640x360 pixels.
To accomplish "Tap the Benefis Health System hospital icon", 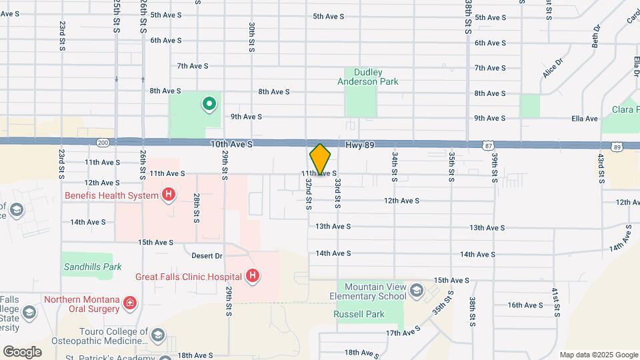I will pyautogui.click(x=169, y=195).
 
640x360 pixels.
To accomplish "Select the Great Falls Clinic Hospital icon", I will pyautogui.click(x=253, y=276).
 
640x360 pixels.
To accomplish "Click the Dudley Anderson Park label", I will pyautogui.click(x=372, y=77).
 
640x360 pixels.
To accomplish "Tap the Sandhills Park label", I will pyautogui.click(x=93, y=267).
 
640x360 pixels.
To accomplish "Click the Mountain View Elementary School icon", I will pyautogui.click(x=417, y=289).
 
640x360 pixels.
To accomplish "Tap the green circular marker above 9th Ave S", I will pyautogui.click(x=209, y=103).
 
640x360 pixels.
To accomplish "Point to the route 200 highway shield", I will pyautogui.click(x=102, y=143).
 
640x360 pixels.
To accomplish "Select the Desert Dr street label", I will pyautogui.click(x=207, y=256).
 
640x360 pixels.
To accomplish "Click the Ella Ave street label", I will pyautogui.click(x=585, y=119).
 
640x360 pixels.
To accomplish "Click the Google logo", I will pyautogui.click(x=22, y=352).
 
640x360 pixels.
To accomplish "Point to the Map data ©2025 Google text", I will pyautogui.click(x=598, y=355).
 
